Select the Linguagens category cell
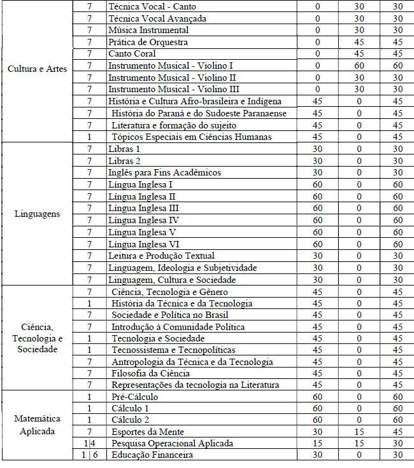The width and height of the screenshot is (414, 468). pyautogui.click(x=37, y=214)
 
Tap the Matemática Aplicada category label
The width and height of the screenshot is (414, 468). pyautogui.click(x=37, y=425)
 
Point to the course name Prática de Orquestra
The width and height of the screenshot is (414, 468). pyautogui.click(x=148, y=42)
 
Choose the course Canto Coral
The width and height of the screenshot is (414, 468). pyautogui.click(x=132, y=54)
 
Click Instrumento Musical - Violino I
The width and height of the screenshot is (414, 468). pyautogui.click(x=171, y=65)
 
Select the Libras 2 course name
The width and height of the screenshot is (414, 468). pyautogui.click(x=124, y=161)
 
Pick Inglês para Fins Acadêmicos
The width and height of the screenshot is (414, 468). pyautogui.click(x=164, y=172)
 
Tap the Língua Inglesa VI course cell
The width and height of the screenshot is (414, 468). pyautogui.click(x=143, y=244)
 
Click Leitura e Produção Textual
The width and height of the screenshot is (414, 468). pyautogui.click(x=161, y=256)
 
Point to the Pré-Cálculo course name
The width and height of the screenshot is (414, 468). pyautogui.click(x=134, y=397)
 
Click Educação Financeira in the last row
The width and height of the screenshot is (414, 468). pyautogui.click(x=152, y=455)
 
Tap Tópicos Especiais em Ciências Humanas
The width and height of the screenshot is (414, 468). pyautogui.click(x=192, y=137)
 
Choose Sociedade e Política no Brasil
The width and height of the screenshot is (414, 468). pyautogui.click(x=170, y=315)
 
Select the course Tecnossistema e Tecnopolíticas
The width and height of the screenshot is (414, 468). pyautogui.click(x=173, y=350)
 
